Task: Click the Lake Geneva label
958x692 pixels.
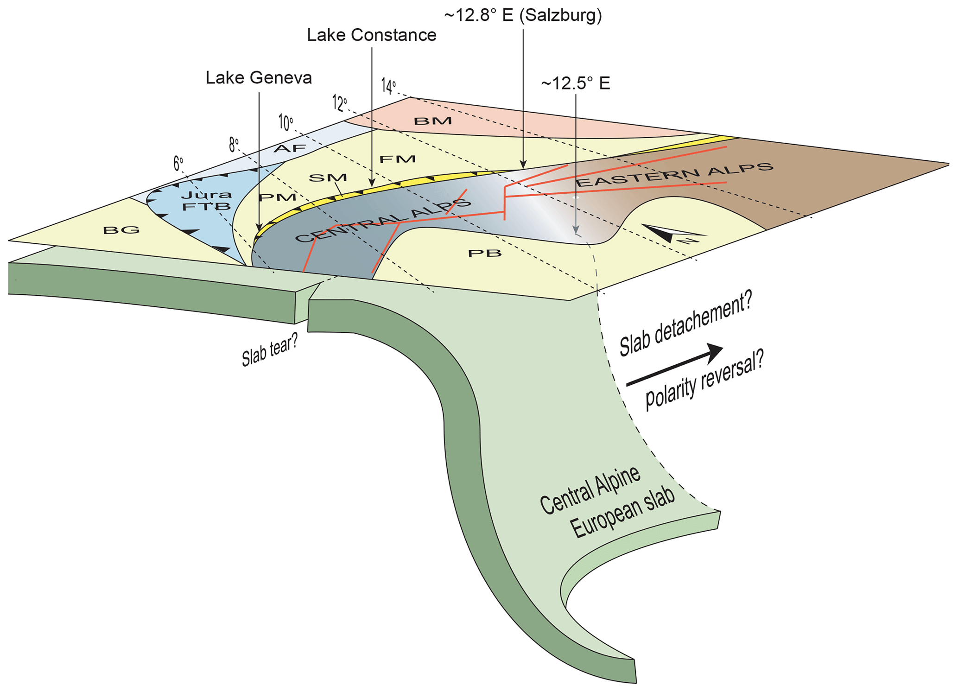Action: click(259, 78)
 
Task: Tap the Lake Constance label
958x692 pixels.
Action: click(371, 35)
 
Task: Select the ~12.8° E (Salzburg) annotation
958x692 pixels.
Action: click(523, 16)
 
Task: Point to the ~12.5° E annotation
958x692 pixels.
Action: click(575, 83)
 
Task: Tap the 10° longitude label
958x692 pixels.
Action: click(285, 123)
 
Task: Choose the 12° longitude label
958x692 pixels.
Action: click(339, 103)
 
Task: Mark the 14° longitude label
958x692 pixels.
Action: click(388, 86)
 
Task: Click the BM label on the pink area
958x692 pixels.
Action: click(432, 121)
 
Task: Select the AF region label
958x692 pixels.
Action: click(290, 148)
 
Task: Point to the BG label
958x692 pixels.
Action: click(121, 229)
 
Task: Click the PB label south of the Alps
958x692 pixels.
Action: click(485, 253)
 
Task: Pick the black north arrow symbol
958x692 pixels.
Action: click(672, 234)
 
